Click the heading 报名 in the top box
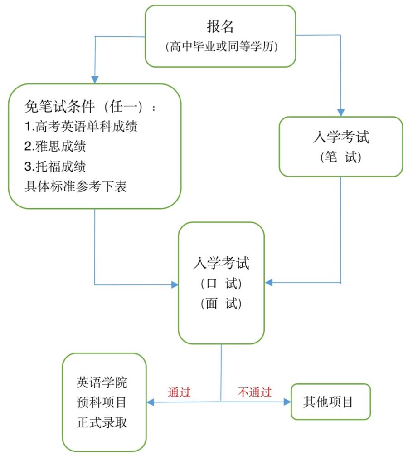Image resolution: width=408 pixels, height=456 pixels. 220,27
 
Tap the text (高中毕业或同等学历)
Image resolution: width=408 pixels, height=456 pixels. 220,46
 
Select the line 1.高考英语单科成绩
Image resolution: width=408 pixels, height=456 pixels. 81,126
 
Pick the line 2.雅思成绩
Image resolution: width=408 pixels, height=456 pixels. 55,146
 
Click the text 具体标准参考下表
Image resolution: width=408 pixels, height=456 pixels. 76,186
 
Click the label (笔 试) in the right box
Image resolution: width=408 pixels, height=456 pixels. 341,157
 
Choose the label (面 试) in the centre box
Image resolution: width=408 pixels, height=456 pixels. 221,304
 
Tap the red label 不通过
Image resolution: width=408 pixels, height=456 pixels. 254,392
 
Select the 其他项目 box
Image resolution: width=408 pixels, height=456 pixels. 330,402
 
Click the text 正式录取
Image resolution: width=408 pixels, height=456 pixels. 102,422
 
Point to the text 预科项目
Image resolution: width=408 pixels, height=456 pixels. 102,402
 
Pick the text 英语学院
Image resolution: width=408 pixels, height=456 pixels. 102,382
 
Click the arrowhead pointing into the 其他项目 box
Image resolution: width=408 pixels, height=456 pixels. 287,402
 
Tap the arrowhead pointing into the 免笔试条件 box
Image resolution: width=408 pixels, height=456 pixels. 95,79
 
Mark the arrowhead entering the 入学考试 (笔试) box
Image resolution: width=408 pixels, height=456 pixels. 341,113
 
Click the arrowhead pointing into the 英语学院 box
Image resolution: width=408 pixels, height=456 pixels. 151,402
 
